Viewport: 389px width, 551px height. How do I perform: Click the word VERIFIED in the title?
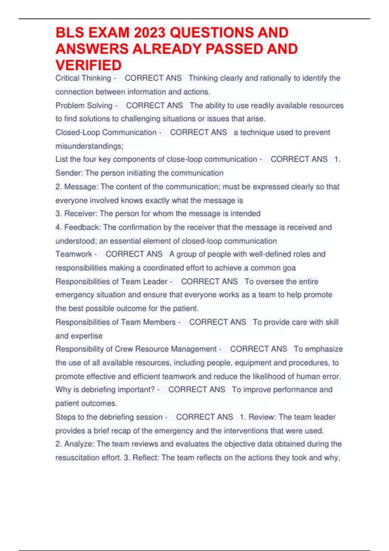tap(88, 65)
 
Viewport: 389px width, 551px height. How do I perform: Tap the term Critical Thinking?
tap(83, 78)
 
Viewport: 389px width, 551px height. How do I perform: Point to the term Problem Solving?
tap(84, 105)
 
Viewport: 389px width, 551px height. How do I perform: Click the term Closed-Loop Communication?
tap(106, 132)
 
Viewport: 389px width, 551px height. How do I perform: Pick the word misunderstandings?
tap(89, 146)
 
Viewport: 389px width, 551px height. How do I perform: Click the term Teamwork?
tap(74, 254)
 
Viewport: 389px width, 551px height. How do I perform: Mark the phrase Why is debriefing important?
tap(105, 390)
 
